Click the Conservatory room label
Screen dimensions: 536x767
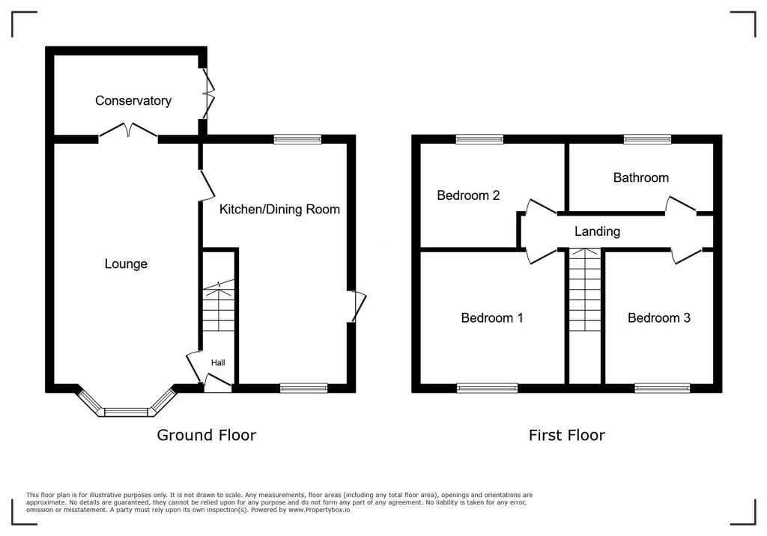click(x=133, y=100)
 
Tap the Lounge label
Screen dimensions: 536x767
click(x=126, y=264)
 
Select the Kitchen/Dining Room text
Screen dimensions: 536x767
click(x=279, y=209)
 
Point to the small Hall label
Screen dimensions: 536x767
click(x=217, y=363)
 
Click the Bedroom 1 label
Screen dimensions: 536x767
click(x=491, y=317)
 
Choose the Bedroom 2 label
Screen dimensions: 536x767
click(x=468, y=195)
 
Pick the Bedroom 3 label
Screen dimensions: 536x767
click(x=658, y=317)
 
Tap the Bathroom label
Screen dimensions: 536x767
click(x=640, y=177)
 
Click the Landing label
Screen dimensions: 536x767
click(x=597, y=231)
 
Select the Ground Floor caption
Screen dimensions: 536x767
click(x=206, y=435)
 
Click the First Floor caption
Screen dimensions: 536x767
click(x=566, y=435)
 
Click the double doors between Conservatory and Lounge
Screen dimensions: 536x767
click(x=128, y=132)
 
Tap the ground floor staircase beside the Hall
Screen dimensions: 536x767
click(x=219, y=307)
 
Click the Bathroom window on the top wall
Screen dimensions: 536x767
click(x=648, y=138)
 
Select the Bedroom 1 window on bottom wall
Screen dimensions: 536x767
click(x=487, y=388)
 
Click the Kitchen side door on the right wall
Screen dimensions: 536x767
click(x=357, y=306)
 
